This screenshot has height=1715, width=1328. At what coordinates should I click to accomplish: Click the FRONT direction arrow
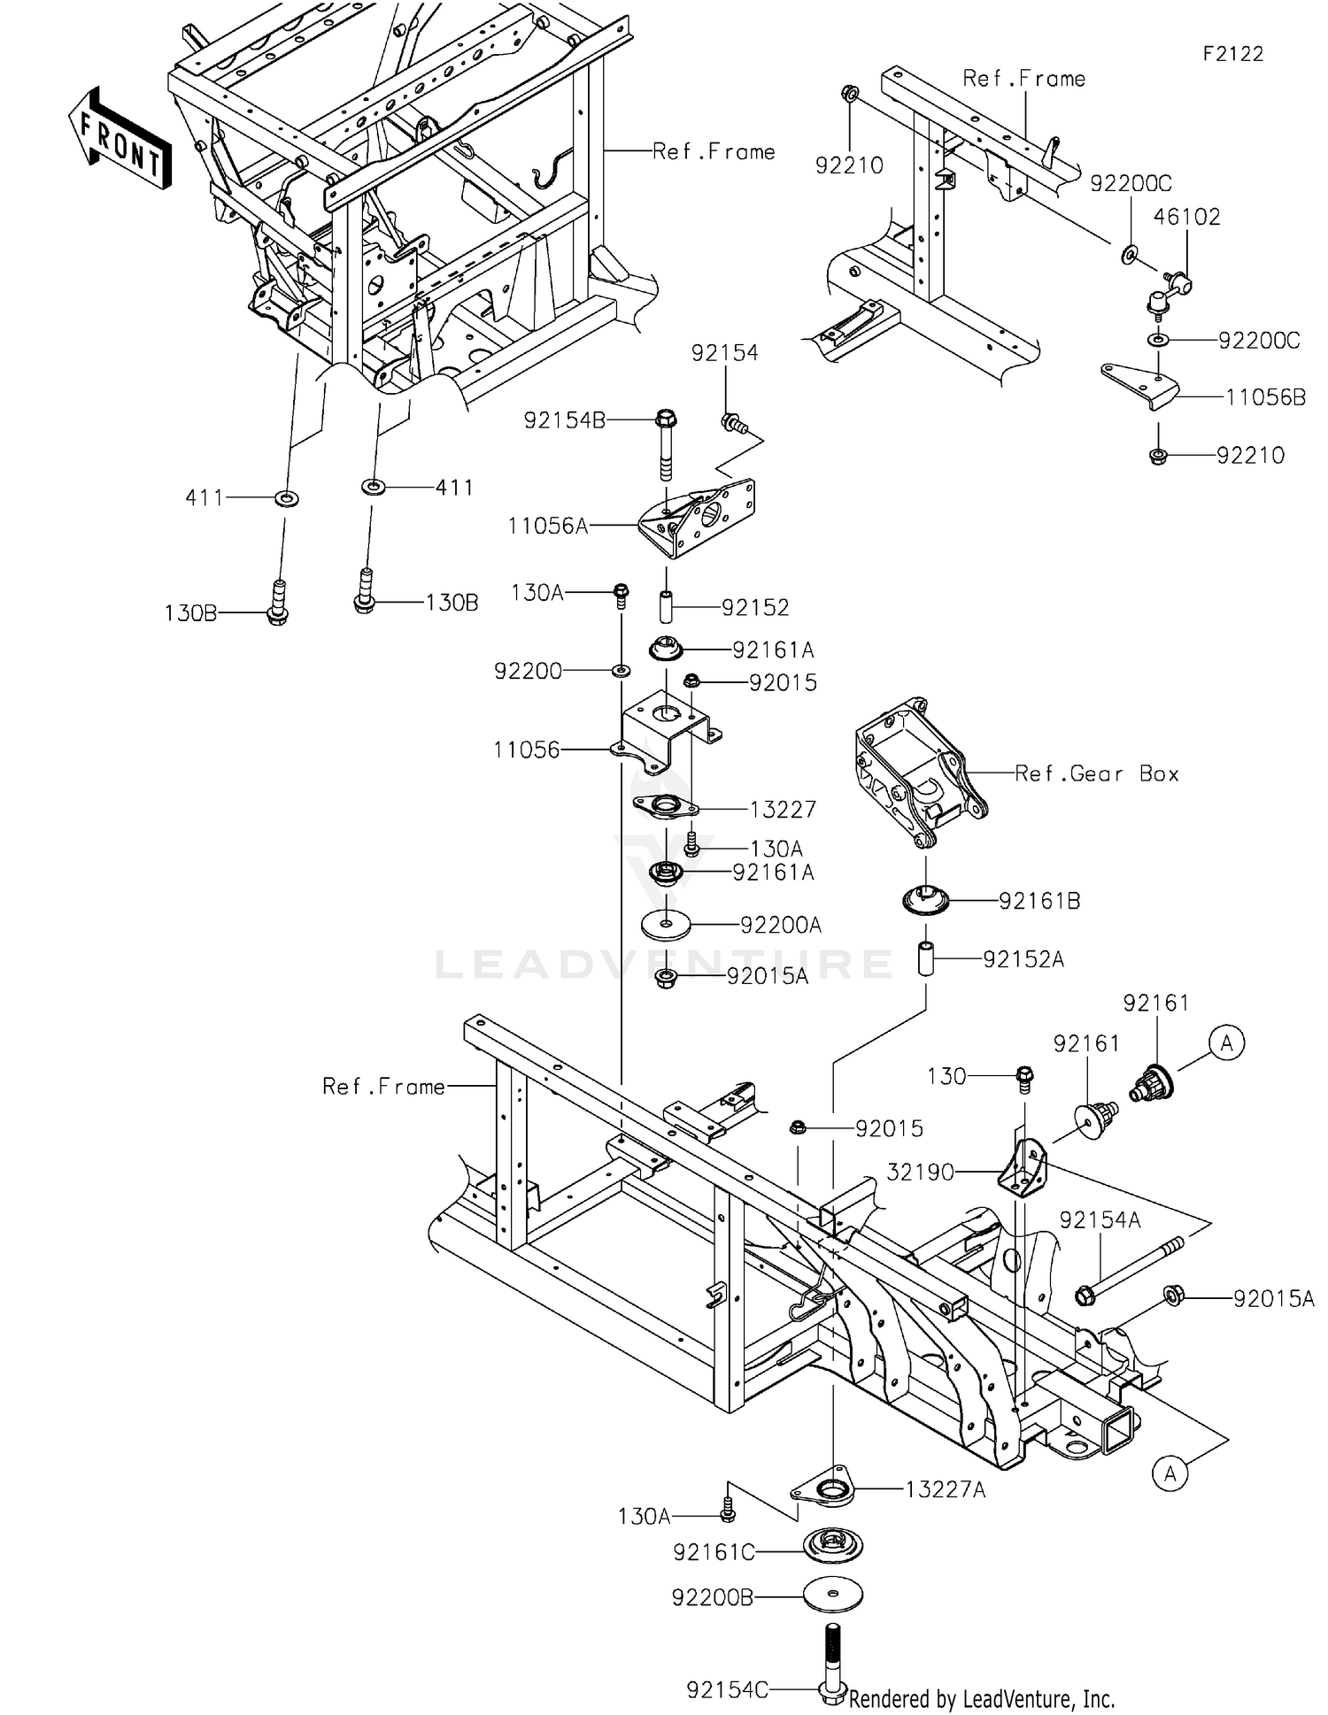point(120,140)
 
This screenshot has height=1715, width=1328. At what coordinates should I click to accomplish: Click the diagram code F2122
point(1232,54)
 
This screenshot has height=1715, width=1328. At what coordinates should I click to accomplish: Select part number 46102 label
point(1186,217)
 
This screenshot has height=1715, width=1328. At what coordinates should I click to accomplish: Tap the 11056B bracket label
point(1265,397)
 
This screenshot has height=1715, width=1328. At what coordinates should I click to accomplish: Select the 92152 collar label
point(755,608)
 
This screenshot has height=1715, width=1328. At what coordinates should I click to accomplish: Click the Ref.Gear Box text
point(1096,773)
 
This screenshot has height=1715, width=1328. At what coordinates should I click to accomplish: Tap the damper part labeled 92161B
point(925,901)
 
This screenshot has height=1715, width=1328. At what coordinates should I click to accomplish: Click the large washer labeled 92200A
point(666,925)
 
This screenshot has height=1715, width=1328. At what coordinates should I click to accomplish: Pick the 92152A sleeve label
point(1023,959)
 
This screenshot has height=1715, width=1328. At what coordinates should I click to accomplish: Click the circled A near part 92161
point(1226,1043)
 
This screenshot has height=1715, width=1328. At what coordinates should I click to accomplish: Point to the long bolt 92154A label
point(1100,1220)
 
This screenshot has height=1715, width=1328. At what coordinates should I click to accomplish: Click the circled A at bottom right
point(1170,1473)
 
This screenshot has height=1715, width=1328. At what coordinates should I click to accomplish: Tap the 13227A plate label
point(945,1490)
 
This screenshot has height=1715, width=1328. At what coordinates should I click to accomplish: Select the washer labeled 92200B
point(832,1594)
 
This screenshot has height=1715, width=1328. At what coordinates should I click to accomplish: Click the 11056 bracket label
point(527,750)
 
